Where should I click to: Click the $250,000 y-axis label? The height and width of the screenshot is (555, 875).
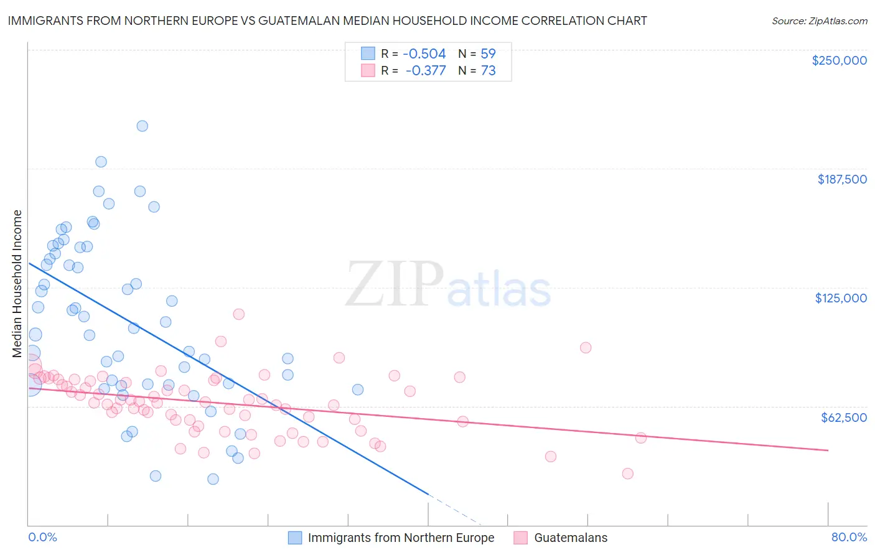[839, 60]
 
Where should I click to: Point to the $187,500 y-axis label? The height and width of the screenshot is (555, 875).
[842, 179]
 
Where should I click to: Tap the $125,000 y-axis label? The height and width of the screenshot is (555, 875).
[841, 298]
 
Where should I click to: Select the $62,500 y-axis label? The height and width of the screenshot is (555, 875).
[844, 417]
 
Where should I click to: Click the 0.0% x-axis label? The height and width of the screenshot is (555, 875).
[42, 537]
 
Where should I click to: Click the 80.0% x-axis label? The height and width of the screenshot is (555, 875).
[849, 537]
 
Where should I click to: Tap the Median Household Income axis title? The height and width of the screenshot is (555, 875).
[17, 284]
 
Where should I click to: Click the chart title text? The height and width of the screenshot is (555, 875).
[327, 21]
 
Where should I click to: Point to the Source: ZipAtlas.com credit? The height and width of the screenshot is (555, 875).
[819, 21]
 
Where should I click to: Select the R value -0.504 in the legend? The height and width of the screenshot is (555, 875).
[425, 54]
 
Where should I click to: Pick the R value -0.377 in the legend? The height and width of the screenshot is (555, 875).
[426, 71]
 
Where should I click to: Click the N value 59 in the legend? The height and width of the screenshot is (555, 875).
[488, 54]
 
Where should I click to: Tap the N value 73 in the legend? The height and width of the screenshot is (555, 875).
[488, 71]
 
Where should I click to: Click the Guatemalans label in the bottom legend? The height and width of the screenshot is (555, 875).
[571, 538]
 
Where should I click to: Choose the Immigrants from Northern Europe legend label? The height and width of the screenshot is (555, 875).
[401, 538]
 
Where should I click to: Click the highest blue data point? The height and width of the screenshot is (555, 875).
[142, 126]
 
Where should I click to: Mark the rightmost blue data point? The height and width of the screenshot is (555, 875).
[358, 389]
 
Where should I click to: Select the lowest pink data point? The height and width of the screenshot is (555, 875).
[627, 473]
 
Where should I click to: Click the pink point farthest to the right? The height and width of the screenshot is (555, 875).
[640, 438]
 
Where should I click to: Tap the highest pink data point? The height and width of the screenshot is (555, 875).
[238, 314]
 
